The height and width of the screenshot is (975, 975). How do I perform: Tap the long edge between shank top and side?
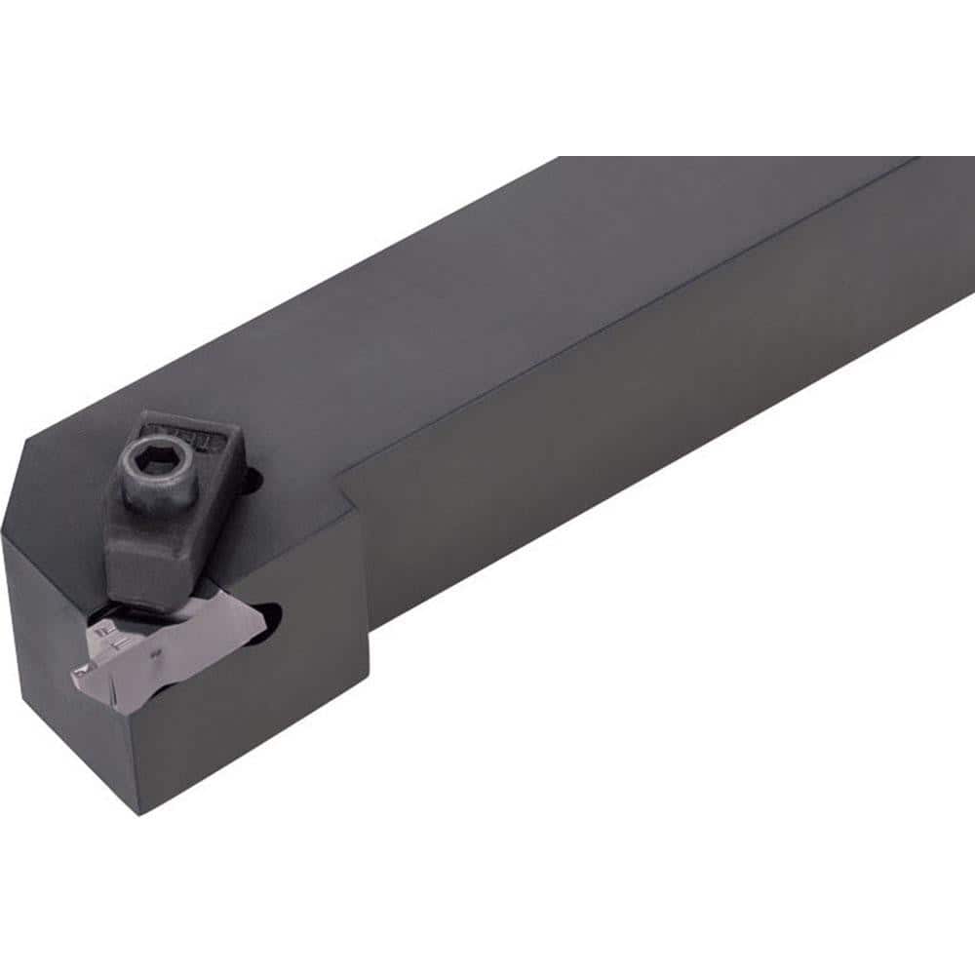634,322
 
